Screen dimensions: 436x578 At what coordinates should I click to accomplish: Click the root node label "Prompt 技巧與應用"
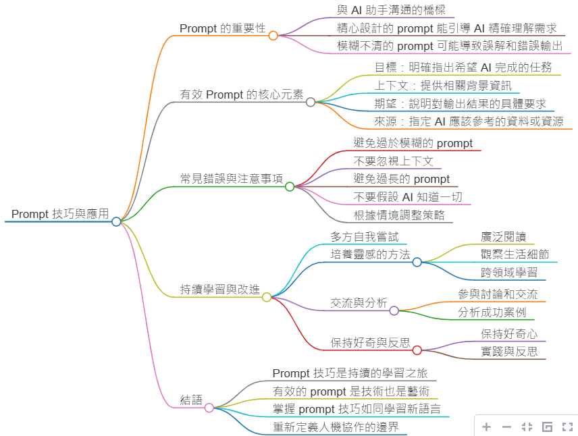tap(59, 214)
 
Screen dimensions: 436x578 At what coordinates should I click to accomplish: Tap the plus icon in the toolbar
tap(487, 427)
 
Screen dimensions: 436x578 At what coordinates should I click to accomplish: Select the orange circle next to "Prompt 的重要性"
tap(273, 36)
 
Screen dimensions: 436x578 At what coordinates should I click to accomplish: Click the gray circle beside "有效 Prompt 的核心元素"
tap(311, 102)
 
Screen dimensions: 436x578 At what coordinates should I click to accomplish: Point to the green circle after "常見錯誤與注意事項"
tap(290, 186)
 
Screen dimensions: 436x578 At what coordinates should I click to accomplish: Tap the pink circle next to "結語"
tap(209, 408)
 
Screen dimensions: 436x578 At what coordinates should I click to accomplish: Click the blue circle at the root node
tap(116, 221)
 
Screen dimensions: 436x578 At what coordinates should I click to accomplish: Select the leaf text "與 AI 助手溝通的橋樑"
tap(395, 10)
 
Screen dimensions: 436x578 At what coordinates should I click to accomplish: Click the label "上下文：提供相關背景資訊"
tap(443, 85)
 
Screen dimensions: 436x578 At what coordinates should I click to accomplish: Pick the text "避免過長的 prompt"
tap(402, 179)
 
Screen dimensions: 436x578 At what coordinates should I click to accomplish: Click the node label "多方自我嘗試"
tap(365, 237)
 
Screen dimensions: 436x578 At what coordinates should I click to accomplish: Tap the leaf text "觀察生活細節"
tap(515, 254)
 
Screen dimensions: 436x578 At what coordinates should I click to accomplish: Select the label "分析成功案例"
tap(492, 312)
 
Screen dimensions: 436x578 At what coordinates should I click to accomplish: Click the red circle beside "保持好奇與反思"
tap(417, 350)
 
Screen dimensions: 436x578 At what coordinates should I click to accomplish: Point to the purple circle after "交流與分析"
tap(394, 310)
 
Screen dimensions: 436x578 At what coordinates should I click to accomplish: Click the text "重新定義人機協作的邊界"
tap(336, 427)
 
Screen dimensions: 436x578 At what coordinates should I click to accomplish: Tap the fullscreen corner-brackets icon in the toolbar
tap(567, 427)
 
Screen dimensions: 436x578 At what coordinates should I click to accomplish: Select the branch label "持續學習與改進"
tap(219, 290)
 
